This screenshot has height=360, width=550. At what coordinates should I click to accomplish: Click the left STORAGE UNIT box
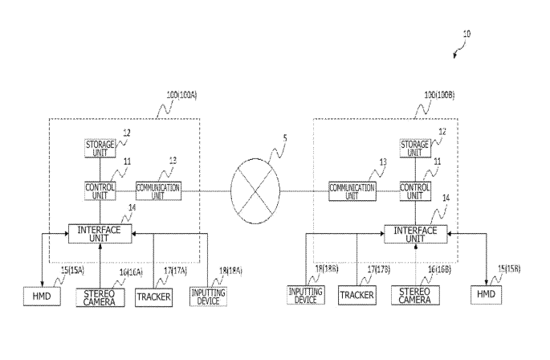(100, 148)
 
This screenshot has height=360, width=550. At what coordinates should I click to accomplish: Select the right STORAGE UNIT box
(415, 148)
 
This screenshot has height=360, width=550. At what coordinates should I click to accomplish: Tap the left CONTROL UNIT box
(100, 190)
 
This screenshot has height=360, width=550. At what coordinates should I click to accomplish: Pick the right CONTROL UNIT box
(415, 190)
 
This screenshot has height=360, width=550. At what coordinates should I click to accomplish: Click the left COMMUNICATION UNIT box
(157, 190)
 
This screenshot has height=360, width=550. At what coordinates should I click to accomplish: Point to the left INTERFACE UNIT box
(100, 234)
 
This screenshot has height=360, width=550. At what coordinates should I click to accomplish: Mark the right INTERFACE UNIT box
(414, 234)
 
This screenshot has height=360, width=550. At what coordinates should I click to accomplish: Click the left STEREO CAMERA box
(100, 297)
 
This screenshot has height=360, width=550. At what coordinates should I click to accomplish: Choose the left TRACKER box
(152, 297)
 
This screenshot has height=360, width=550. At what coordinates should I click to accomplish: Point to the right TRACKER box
(357, 297)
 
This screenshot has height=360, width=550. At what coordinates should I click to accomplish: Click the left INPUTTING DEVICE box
(208, 296)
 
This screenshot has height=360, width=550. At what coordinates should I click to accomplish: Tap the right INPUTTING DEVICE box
(307, 297)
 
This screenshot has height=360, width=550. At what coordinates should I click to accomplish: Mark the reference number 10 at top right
(468, 35)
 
